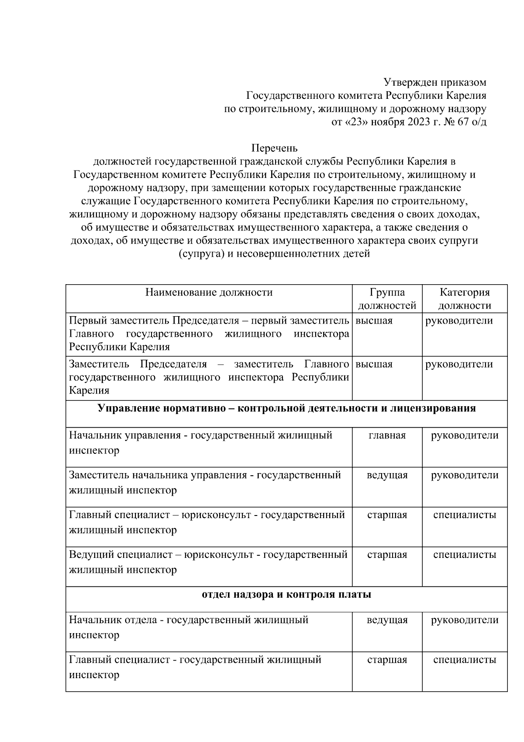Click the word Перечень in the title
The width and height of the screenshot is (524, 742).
(274, 148)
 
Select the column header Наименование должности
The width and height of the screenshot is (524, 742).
(209, 292)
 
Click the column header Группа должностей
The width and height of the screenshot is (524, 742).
(387, 299)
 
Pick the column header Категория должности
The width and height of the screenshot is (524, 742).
(465, 299)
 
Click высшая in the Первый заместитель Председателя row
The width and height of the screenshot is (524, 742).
(374, 320)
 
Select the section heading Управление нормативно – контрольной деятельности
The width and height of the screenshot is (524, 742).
(286, 408)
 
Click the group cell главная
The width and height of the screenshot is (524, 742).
(387, 435)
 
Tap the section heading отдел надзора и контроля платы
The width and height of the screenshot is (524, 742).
(286, 595)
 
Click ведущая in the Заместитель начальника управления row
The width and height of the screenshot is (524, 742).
(387, 475)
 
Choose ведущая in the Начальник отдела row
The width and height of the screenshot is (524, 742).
(387, 620)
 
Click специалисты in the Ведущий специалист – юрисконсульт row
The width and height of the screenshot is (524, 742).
(465, 555)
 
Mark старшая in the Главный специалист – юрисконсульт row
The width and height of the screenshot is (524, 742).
(387, 515)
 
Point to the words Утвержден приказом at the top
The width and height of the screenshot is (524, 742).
(435, 82)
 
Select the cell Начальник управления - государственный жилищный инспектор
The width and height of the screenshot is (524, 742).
(201, 442)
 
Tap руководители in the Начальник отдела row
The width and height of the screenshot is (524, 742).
(465, 620)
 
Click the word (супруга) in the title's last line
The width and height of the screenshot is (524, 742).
(200, 254)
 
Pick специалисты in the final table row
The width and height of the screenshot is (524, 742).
(465, 660)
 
